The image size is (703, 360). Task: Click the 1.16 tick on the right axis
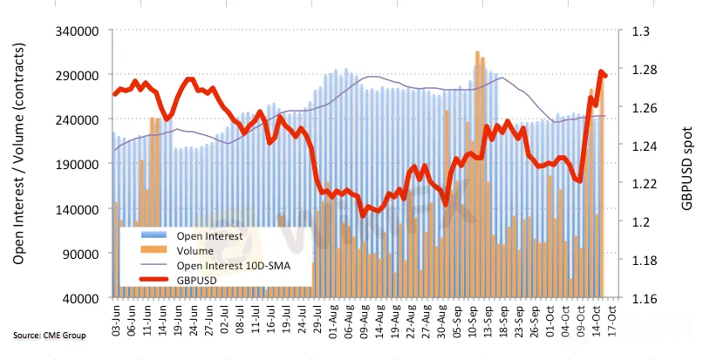[643, 298]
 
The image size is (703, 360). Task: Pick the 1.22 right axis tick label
[643, 184]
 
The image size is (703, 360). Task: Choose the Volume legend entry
[195, 251]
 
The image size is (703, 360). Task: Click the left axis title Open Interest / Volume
[19, 164]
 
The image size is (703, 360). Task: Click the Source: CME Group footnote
[49, 336]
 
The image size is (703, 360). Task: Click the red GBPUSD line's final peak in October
[600, 72]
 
